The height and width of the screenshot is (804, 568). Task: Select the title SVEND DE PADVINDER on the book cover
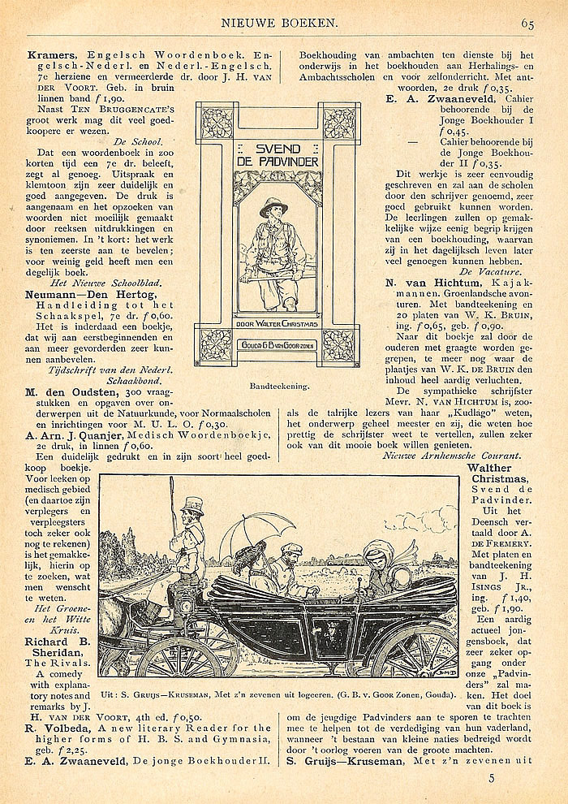click(x=277, y=156)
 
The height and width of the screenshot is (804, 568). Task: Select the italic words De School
click(x=170, y=140)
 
